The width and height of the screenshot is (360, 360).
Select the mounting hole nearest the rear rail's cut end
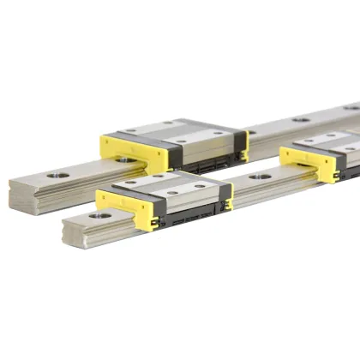(56, 175)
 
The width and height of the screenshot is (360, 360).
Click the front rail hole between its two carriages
(260, 177)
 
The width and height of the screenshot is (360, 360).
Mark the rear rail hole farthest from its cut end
(351, 107)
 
